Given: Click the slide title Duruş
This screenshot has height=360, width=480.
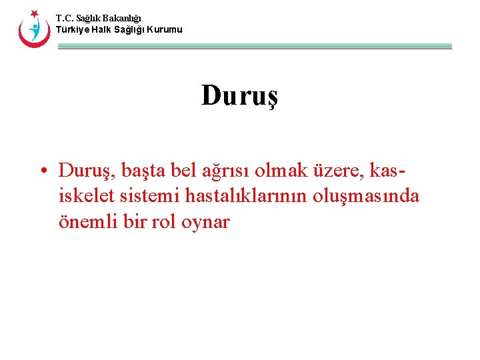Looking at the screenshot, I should [239, 96].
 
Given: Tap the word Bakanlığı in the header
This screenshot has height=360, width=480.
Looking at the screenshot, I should [121, 18].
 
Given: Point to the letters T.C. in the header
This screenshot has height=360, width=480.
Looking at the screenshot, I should [64, 18].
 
